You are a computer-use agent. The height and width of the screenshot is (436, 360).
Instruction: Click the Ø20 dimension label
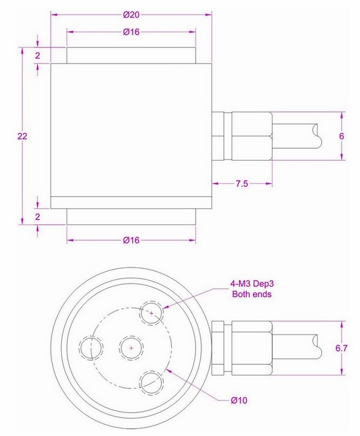pyautogui.click(x=131, y=14)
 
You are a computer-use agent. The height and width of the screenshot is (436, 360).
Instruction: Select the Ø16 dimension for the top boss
pyautogui.click(x=131, y=32)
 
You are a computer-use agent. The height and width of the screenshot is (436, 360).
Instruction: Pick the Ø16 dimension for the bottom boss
pyautogui.click(x=132, y=240)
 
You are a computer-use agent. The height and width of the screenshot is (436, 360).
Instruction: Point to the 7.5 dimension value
pyautogui.click(x=242, y=184)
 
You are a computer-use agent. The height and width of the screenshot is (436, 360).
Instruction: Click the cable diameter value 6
pyautogui.click(x=341, y=136)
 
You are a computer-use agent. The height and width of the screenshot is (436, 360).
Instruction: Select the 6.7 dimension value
pyautogui.click(x=341, y=347)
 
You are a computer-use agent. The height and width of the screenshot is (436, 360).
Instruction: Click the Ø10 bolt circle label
pyautogui.click(x=239, y=400)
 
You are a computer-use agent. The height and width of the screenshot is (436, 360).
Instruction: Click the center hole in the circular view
pyautogui.click(x=131, y=347)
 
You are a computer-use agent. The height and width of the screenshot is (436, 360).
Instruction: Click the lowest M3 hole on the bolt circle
pyautogui.click(x=152, y=381)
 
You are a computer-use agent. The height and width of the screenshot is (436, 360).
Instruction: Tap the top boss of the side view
pyautogui.click(x=131, y=55)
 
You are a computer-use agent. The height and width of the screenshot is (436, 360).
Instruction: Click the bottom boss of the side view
pyautogui.click(x=131, y=217)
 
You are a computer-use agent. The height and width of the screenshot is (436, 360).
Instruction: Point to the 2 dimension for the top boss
pyautogui.click(x=38, y=56)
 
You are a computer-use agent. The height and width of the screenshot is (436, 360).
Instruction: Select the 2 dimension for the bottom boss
pyautogui.click(x=38, y=217)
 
